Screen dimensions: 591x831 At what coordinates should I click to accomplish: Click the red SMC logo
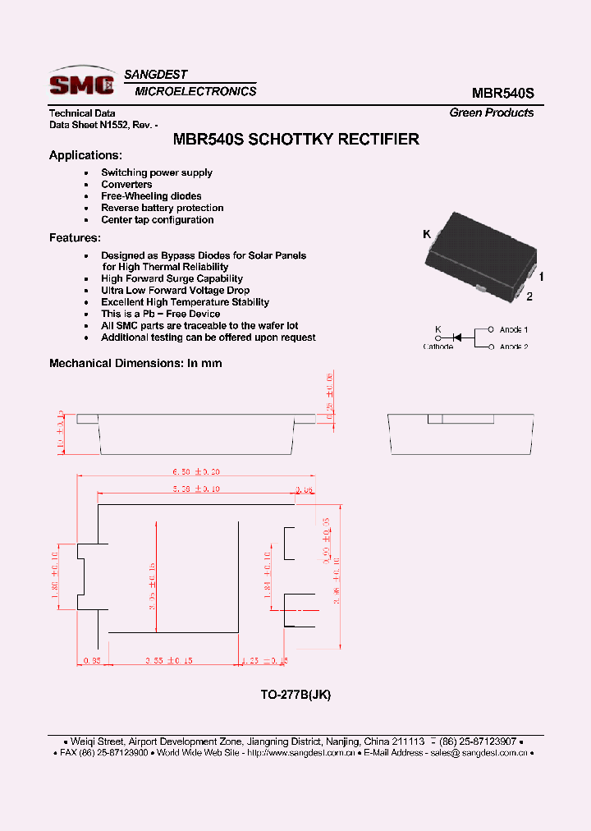coord(80,82)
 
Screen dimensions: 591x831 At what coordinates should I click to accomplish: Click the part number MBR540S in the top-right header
coord(502,94)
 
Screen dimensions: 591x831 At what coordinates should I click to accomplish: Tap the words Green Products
coord(491,112)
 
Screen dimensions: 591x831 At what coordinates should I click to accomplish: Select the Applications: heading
coord(85,155)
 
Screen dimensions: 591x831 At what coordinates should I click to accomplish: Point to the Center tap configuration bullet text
coord(157,220)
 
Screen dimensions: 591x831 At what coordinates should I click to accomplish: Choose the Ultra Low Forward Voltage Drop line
coord(175,291)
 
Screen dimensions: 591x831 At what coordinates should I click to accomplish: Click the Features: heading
coord(75,237)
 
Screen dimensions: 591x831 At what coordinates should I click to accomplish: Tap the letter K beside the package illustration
coord(427,235)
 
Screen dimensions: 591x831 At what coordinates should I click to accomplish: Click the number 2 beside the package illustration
coord(529,296)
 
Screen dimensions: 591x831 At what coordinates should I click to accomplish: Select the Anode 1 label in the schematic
coord(514,329)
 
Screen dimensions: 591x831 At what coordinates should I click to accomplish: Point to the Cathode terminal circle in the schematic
coord(438,337)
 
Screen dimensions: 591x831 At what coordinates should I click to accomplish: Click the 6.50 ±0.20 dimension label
coord(195,472)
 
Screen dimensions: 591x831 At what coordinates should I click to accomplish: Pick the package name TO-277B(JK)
coord(295,695)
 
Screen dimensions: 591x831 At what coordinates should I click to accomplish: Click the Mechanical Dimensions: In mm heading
coord(135,363)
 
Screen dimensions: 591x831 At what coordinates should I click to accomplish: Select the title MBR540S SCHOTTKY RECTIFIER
coord(296,139)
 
